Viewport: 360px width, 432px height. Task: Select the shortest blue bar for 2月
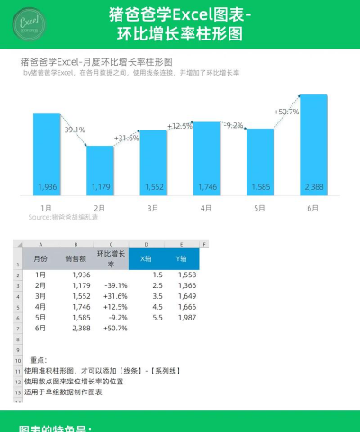pos(100,171)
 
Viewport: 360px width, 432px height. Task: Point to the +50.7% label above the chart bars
pos(286,112)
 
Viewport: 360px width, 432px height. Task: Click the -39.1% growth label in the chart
pos(73,130)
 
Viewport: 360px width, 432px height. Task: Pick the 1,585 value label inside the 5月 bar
pos(259,186)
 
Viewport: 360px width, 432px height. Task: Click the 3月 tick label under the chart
pos(153,207)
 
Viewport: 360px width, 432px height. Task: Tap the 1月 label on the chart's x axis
pos(46,207)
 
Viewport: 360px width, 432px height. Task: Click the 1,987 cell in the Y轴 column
pos(186,318)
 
